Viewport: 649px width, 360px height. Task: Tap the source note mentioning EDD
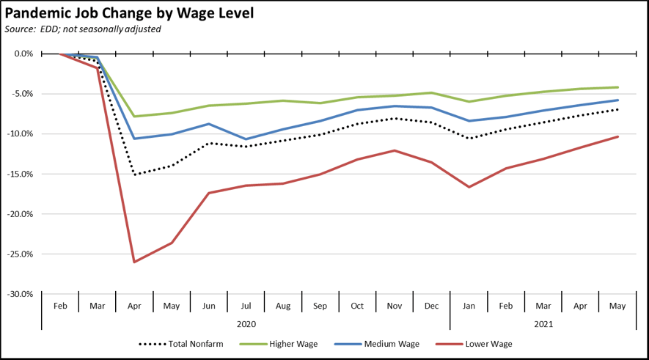coord(83,29)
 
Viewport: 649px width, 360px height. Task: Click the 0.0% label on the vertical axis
coord(23,54)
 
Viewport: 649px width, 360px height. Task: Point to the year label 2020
coord(246,323)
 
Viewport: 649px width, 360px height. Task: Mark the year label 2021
coord(543,323)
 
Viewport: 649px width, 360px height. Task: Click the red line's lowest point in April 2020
coord(134,262)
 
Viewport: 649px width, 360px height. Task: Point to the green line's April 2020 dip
coord(134,116)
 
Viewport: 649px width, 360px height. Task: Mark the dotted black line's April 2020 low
coord(134,175)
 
